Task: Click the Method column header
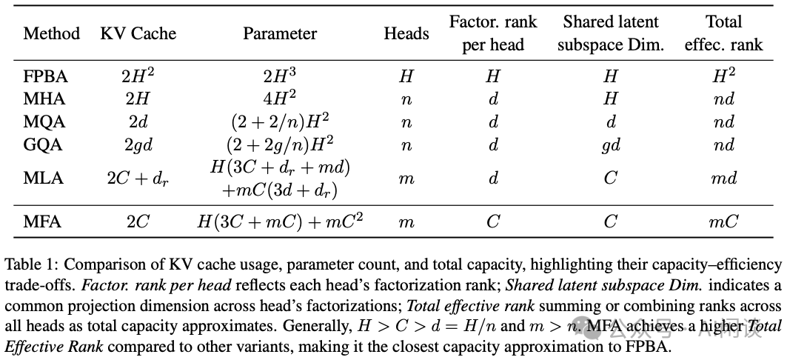click(x=51, y=34)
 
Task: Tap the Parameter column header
click(x=280, y=34)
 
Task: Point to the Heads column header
click(x=406, y=34)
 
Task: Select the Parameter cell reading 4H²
click(x=280, y=99)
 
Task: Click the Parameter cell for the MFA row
click(x=280, y=221)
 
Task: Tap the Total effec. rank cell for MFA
click(x=723, y=221)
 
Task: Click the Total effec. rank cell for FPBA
click(x=723, y=76)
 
